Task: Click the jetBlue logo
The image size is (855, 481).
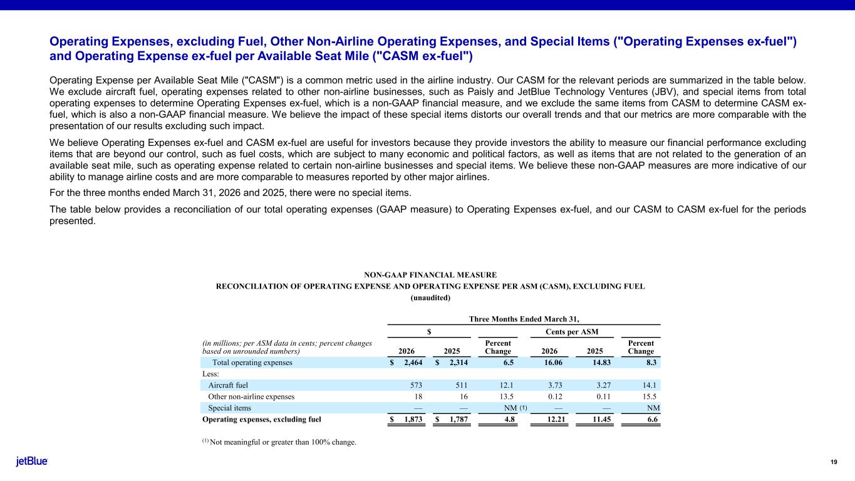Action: tap(31, 462)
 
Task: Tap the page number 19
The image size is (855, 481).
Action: tap(833, 462)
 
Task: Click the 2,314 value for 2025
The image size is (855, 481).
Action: tap(455, 363)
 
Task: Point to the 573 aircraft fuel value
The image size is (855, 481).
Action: tap(417, 385)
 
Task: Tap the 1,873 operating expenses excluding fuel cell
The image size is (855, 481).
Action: tap(410, 420)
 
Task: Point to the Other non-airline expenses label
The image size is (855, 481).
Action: tap(251, 396)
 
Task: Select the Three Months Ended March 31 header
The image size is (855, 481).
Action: tap(524, 319)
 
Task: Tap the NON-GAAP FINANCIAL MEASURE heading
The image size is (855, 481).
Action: tap(430, 275)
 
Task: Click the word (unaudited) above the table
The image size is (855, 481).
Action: tap(430, 297)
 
